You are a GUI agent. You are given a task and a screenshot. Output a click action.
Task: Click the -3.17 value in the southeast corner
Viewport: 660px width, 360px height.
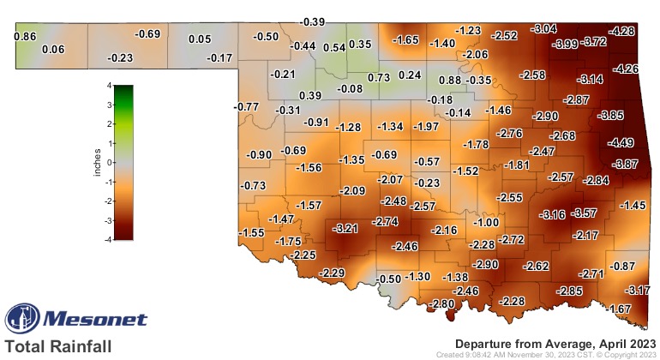coord(638,291)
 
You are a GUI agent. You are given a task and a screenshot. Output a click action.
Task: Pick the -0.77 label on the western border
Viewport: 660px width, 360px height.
coord(246,106)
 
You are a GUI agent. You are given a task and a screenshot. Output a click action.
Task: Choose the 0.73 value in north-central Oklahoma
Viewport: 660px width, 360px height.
coord(379,77)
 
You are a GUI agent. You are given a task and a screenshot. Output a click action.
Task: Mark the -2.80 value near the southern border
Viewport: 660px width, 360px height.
coord(442,304)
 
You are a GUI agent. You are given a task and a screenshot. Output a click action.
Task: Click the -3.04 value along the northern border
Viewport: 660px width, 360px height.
coord(545,29)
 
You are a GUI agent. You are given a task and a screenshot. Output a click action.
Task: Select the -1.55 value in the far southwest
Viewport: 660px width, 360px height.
coord(251,233)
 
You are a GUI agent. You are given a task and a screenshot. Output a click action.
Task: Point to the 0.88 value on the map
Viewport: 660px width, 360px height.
coord(450,80)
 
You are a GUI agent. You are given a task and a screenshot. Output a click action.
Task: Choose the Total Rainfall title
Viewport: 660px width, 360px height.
coord(57,346)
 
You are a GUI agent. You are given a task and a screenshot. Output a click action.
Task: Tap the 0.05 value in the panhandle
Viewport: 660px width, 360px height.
coord(200,39)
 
